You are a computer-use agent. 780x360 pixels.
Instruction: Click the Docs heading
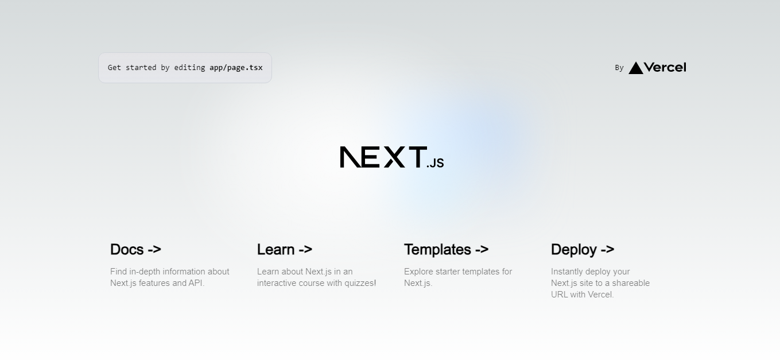135,250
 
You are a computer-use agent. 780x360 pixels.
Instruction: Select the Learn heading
285,250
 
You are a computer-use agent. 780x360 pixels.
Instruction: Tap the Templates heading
446,250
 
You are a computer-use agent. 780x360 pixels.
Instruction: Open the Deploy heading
582,250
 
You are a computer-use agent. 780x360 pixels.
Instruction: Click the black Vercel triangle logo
636,68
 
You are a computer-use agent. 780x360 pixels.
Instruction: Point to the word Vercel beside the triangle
665,67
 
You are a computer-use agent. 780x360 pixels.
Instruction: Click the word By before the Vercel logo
619,68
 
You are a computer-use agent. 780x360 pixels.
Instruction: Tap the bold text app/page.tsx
236,68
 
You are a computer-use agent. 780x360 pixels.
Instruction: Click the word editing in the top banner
189,68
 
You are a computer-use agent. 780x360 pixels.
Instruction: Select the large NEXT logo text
383,157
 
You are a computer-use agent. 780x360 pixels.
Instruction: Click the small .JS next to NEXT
435,163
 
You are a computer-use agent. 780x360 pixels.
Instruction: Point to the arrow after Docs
154,250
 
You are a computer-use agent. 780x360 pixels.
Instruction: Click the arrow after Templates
482,250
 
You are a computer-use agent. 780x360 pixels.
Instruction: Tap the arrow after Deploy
607,250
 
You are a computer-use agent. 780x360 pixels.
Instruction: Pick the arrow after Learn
305,250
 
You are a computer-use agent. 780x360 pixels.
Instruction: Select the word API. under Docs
196,283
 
